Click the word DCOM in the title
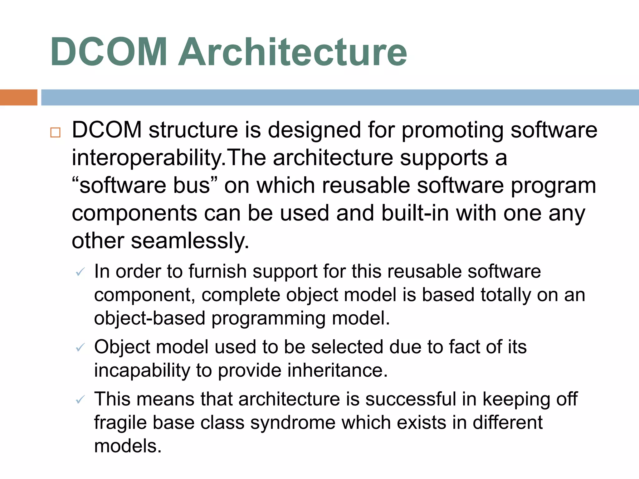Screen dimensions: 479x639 109,52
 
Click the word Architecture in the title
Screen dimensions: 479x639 292,52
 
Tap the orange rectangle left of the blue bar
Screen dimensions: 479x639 18,97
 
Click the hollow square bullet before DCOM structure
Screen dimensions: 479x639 55,133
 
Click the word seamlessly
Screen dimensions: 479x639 190,241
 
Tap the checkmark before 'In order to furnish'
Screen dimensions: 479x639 80,272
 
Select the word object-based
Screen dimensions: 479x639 149,318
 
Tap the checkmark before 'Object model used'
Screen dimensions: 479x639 80,347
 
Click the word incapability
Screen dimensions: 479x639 142,370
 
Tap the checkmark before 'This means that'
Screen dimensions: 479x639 80,399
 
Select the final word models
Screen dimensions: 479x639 128,446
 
